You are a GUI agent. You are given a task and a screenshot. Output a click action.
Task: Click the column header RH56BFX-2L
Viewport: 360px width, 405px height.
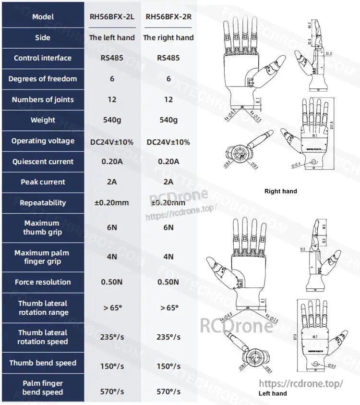112,17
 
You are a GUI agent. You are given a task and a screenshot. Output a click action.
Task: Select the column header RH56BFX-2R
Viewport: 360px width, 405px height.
168,17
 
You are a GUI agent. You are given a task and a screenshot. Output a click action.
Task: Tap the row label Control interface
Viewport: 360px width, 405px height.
43,58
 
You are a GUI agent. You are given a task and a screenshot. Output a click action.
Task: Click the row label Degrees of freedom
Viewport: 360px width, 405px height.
43,79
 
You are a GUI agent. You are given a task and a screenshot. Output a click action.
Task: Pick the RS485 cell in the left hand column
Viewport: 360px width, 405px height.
112,58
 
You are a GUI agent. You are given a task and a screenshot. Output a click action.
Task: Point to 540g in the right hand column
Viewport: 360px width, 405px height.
168,120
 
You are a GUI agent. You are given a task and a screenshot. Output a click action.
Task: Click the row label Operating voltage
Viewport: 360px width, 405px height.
43,141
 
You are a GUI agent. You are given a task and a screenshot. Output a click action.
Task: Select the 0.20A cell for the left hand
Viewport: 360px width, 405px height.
112,162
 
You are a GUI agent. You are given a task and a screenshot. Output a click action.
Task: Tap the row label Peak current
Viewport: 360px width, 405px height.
43,182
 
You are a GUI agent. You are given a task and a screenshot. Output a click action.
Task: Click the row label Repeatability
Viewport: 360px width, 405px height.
43,203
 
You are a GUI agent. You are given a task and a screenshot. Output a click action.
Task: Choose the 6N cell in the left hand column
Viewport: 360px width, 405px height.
112,227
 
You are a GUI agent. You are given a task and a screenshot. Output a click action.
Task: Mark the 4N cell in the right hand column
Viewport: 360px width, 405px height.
168,257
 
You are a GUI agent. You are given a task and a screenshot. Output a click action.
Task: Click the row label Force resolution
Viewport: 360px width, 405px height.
43,282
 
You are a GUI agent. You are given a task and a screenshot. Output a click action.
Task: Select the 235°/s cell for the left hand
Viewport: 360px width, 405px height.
112,337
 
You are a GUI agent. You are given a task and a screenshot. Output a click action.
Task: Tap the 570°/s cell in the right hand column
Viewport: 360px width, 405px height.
168,392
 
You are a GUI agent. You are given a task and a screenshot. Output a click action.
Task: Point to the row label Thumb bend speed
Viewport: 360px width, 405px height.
43,363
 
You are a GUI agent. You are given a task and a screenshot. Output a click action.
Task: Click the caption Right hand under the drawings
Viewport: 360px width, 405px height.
281,191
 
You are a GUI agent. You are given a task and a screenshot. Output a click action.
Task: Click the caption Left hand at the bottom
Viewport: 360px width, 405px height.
273,393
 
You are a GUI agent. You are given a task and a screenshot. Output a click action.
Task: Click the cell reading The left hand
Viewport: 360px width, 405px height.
112,37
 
